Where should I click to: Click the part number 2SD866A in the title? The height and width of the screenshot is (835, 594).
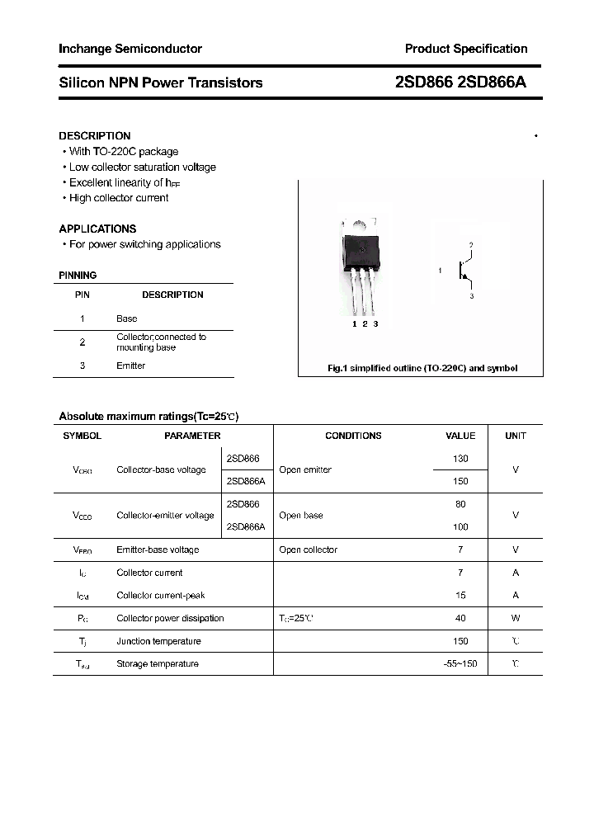point(492,83)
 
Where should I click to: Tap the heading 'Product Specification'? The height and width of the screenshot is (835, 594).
point(465,49)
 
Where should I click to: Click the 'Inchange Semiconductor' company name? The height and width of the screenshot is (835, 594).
point(130,49)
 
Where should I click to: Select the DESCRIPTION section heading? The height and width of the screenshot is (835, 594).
point(95,135)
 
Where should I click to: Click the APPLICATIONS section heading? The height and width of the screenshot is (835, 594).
point(97,229)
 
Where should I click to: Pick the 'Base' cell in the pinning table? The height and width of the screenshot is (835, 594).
point(127,318)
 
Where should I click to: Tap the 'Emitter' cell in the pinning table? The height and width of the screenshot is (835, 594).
point(130,366)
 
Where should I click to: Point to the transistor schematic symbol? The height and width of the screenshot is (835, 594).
point(464,271)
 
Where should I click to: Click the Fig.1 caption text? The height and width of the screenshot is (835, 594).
point(422,368)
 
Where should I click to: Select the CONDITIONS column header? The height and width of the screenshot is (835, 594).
point(353,436)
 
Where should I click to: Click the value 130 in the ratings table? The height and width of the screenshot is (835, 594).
point(460,458)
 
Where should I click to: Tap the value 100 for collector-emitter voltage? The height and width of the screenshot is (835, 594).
point(460,526)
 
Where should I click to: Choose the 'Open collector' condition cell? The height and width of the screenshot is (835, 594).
point(309,550)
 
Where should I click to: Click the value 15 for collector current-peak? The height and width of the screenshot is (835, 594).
point(460,595)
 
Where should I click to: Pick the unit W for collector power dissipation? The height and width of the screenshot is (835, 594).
point(516,618)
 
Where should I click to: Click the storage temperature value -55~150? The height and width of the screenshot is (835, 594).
point(460,664)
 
